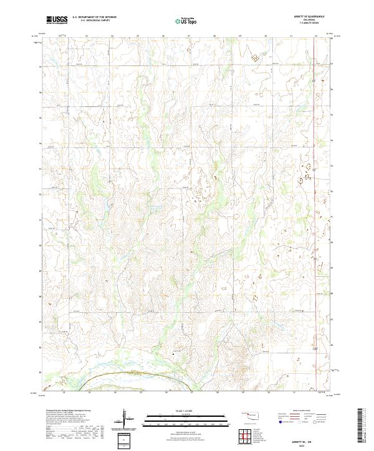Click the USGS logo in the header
(57, 20)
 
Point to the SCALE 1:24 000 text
(169, 411)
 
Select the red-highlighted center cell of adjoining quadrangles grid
(249, 436)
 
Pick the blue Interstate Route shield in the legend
(280, 422)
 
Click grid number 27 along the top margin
(189, 37)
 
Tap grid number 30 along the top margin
(266, 37)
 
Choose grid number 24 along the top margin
(112, 37)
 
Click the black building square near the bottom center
(174, 353)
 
